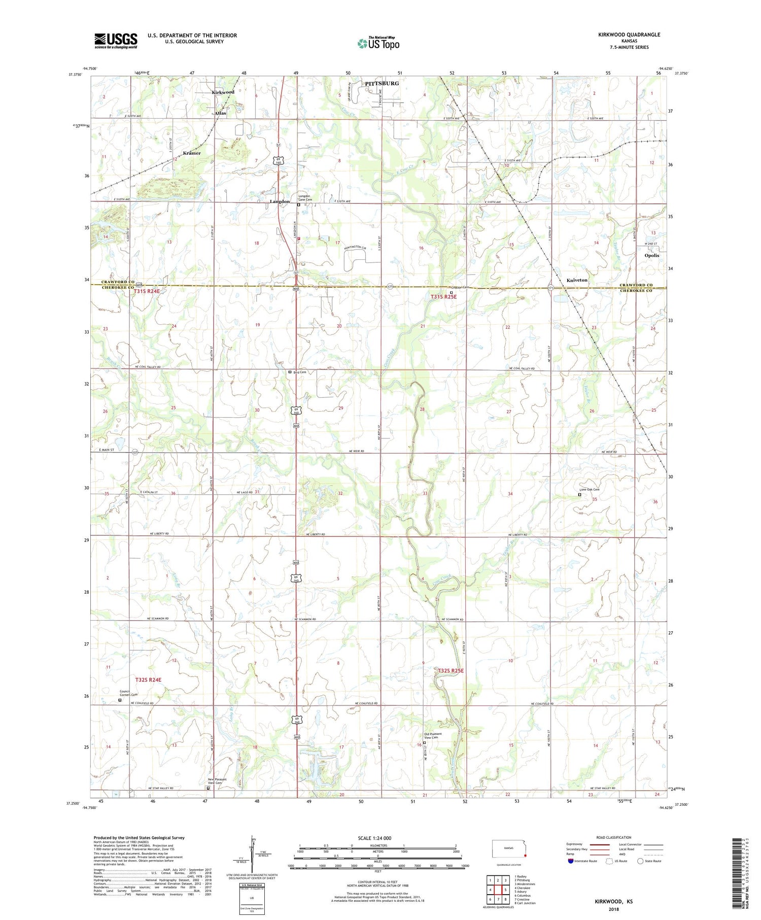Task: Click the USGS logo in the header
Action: click(116, 41)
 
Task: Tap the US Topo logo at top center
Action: click(378, 43)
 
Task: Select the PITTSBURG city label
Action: click(382, 83)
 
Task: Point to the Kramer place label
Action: click(192, 153)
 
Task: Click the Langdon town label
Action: click(280, 201)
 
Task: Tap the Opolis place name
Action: click(651, 255)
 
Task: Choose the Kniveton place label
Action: click(577, 280)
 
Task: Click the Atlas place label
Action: click(220, 113)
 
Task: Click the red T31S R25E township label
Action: click(444, 297)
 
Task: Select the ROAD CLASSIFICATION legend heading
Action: click(614, 837)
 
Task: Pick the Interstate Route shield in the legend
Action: click(571, 861)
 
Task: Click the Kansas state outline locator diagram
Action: click(510, 848)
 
